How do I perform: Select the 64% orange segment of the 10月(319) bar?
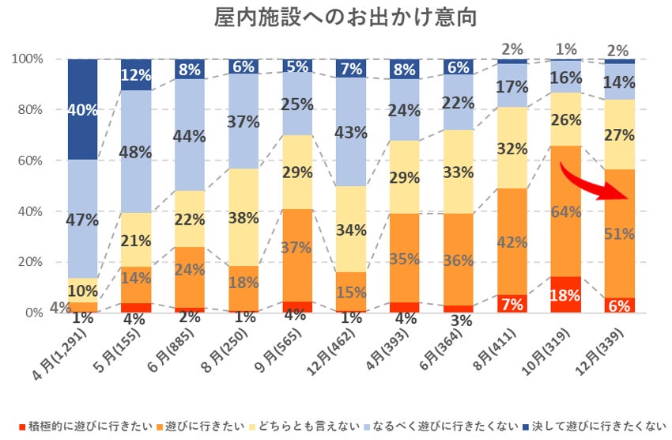565,211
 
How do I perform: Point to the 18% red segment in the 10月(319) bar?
565,294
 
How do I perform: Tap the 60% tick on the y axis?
36,161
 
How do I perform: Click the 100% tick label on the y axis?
32,59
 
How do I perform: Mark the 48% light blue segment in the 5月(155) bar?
136,152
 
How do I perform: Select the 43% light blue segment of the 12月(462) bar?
351,132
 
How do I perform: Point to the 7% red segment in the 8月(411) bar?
512,304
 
